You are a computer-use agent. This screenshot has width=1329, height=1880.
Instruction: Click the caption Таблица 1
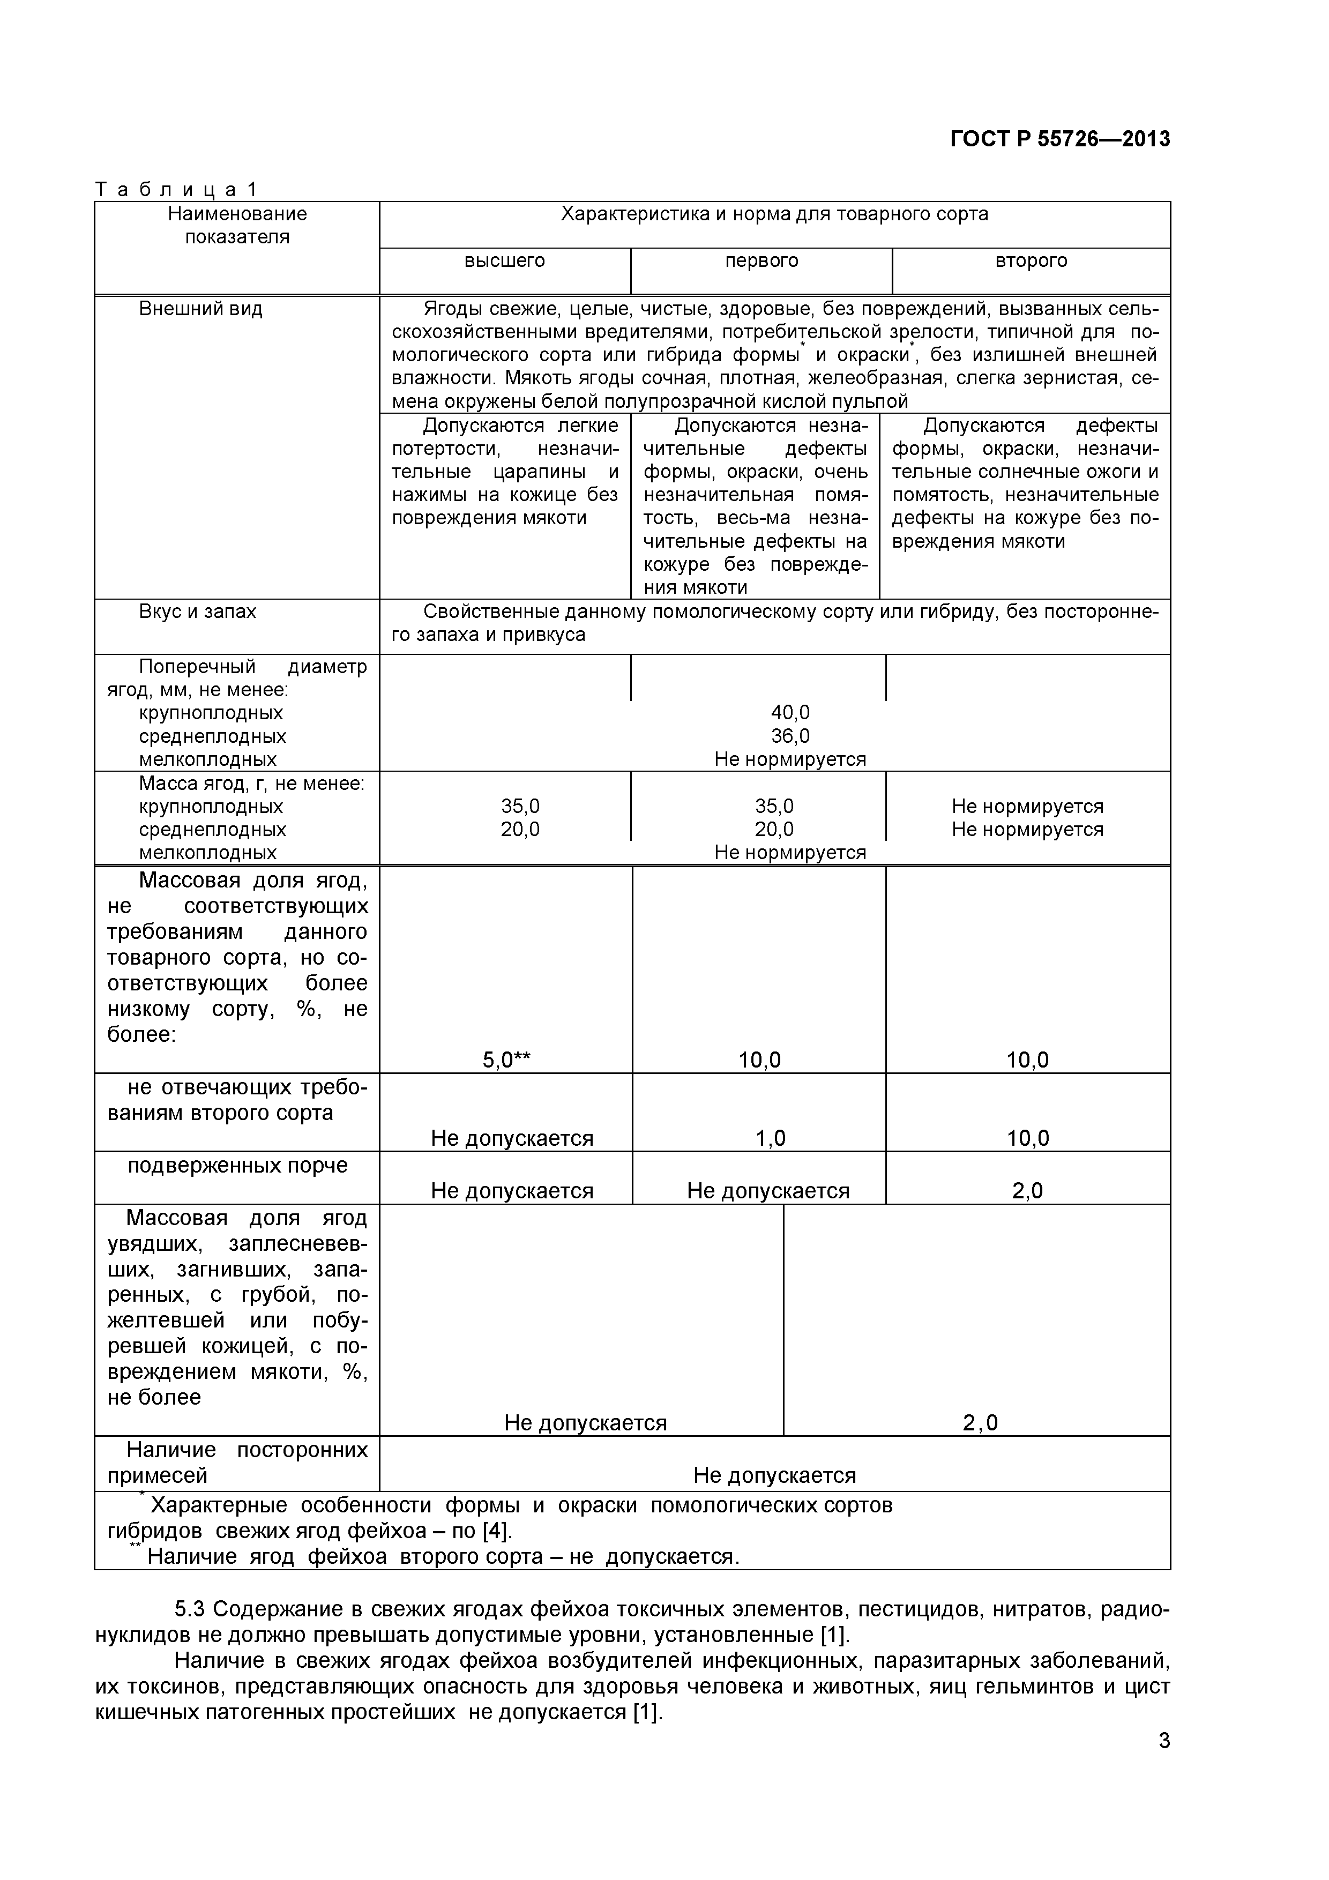tap(176, 189)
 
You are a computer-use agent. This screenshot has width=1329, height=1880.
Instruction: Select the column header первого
tap(761, 260)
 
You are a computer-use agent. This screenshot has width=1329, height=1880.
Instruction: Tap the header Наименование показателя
tap(237, 225)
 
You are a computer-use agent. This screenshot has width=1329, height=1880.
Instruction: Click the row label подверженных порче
tap(237, 1165)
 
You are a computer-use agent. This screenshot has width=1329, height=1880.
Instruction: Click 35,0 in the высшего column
tap(520, 807)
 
